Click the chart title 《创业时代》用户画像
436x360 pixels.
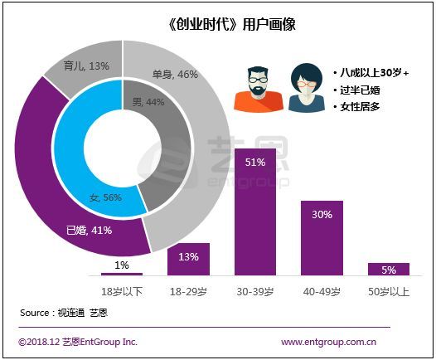click(231, 25)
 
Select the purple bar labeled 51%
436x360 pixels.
click(255, 212)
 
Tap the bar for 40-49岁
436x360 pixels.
click(322, 238)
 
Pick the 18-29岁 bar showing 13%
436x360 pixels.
click(188, 260)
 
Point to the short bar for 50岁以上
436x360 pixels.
click(389, 270)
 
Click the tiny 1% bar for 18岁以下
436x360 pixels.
click(122, 274)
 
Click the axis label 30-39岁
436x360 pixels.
click(255, 292)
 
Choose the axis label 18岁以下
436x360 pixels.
click(122, 292)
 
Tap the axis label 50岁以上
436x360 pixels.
click(389, 292)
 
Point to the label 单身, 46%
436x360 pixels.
click(175, 75)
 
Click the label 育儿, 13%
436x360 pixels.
click(86, 66)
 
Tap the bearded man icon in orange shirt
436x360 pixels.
click(259, 89)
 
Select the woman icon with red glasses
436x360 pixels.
click(307, 88)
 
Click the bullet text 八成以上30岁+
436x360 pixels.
click(371, 73)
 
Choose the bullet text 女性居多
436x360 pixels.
click(356, 107)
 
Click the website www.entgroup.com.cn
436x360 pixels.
click(329, 342)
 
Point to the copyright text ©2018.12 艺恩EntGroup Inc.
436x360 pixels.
click(78, 342)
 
